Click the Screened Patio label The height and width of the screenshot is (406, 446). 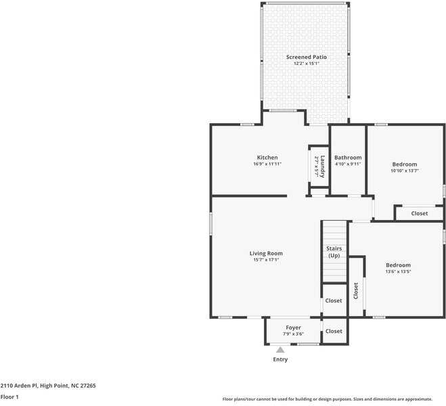[x=307, y=57]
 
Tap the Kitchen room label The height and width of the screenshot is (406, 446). [x=267, y=158]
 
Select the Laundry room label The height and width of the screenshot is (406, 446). [x=322, y=166]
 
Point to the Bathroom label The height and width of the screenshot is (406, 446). [x=348, y=158]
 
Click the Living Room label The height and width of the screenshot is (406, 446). [x=266, y=253]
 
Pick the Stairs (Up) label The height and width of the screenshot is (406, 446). [x=334, y=252]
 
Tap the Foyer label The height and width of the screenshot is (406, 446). [x=293, y=328]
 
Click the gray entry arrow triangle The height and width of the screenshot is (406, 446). [x=280, y=350]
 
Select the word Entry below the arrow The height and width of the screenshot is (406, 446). [x=280, y=359]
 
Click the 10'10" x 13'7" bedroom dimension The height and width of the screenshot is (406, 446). [x=405, y=171]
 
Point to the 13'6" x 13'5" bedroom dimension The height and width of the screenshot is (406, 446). [x=398, y=271]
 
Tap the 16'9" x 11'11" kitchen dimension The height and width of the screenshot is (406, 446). [x=267, y=164]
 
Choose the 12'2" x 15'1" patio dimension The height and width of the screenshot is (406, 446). [x=307, y=64]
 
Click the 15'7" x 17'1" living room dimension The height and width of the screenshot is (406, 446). [x=266, y=260]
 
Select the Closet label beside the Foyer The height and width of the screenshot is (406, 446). [x=334, y=331]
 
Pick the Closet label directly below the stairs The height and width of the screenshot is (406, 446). [x=334, y=300]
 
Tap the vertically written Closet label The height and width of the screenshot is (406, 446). [x=355, y=291]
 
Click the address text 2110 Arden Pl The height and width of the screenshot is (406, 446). [x=19, y=386]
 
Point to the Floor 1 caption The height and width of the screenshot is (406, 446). [x=9, y=397]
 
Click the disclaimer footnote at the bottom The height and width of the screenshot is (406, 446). [x=327, y=399]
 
